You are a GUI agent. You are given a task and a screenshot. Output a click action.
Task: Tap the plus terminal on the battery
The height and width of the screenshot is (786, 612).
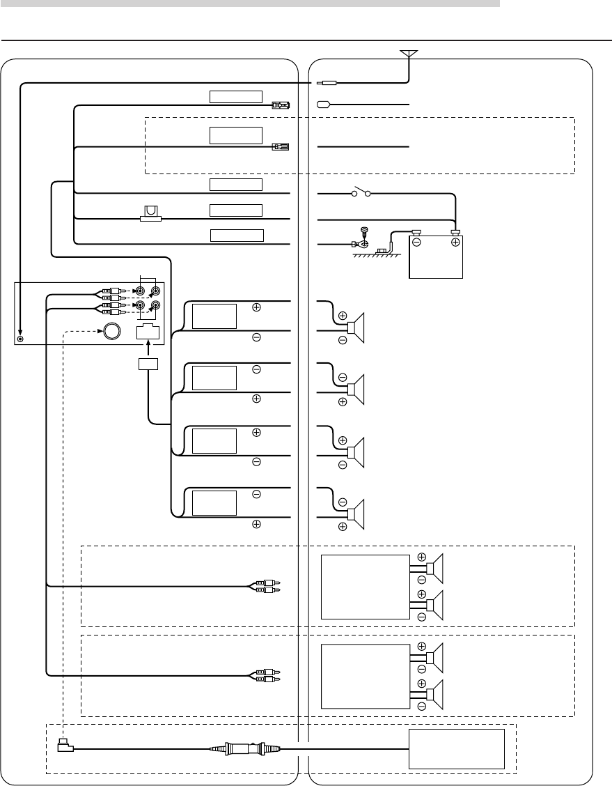point(455,242)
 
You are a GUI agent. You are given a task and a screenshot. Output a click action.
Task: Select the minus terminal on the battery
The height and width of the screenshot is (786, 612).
point(416,242)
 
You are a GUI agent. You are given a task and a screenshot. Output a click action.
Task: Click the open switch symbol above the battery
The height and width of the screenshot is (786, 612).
point(361,192)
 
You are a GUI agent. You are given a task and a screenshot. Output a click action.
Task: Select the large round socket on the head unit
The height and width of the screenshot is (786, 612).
point(111,330)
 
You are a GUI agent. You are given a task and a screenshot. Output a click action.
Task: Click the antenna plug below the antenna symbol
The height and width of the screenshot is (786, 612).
point(327,82)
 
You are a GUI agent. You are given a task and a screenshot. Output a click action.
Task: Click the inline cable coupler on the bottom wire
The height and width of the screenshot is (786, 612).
point(246,750)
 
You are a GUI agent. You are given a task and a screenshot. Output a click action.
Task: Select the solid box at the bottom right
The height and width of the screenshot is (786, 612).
point(456,749)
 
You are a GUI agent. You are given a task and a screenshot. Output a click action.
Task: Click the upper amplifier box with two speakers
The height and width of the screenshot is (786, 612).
point(364,587)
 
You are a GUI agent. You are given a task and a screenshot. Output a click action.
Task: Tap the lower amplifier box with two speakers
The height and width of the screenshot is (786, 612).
point(364,676)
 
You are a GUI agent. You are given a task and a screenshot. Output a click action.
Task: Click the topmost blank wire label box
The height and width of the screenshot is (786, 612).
point(236,96)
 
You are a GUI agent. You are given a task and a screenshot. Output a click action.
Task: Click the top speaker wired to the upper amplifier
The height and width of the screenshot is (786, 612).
point(434,568)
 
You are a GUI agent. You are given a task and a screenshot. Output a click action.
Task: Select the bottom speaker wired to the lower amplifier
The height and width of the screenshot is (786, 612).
point(434,695)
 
